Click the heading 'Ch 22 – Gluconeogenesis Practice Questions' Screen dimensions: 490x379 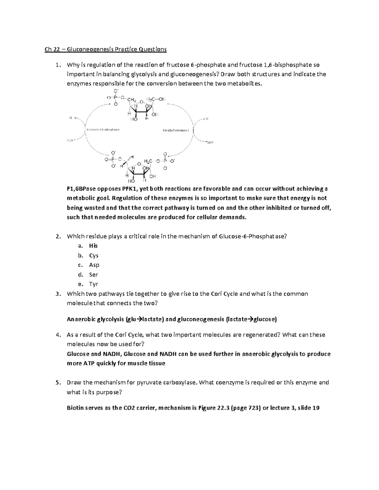105,49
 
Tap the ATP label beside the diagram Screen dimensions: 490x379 205,119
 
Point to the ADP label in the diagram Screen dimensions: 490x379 210,143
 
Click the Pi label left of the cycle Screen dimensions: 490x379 70,118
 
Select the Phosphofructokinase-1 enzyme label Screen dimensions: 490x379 176,130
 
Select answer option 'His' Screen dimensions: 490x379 93,246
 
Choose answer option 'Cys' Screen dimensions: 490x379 94,255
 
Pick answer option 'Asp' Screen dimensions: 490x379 94,265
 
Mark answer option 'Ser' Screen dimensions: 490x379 93,275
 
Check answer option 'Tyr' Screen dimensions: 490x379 93,284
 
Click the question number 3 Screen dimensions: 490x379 57,294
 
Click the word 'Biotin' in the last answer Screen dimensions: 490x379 75,408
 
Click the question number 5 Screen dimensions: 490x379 57,382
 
